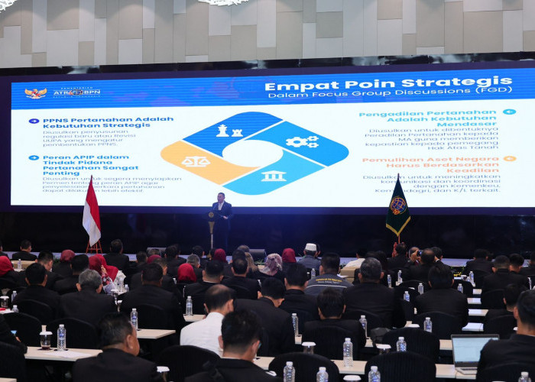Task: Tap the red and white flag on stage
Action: [91, 212]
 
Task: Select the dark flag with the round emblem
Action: [397, 207]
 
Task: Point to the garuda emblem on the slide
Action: [35, 92]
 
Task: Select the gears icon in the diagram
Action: [301, 141]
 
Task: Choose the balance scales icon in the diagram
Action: [196, 161]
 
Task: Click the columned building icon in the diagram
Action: [273, 176]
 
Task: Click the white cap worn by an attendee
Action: [311, 248]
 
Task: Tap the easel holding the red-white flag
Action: [93, 246]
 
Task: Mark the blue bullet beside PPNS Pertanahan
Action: [34, 121]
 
